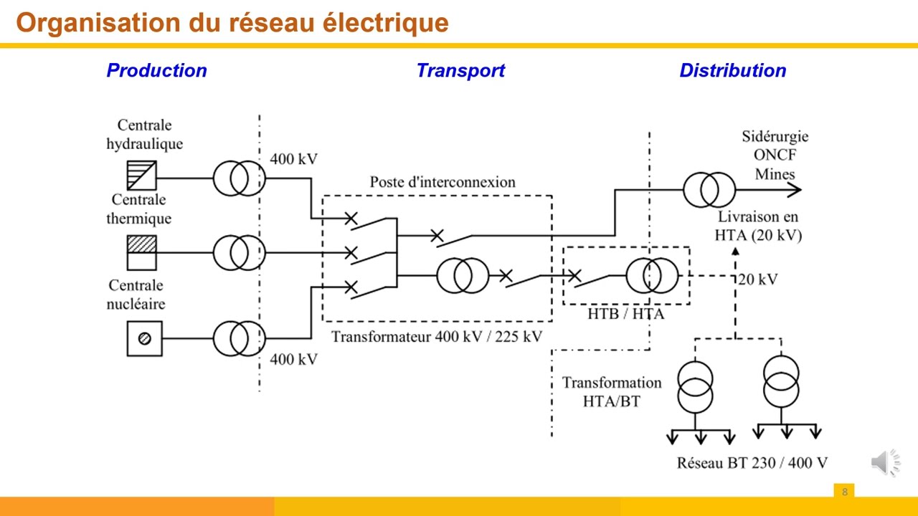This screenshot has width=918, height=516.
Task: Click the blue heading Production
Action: click(x=156, y=70)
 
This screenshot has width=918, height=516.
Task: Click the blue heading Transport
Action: click(x=460, y=70)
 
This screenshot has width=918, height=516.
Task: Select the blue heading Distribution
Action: click(x=732, y=70)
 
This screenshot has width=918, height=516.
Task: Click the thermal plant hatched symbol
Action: click(x=142, y=252)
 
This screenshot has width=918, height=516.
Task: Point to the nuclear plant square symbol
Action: click(x=144, y=339)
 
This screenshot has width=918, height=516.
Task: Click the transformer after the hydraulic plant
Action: click(x=239, y=178)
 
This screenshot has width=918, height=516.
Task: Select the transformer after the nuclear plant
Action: click(x=239, y=339)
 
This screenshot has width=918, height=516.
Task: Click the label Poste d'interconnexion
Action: click(x=443, y=182)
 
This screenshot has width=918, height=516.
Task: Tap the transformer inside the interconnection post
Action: click(x=463, y=276)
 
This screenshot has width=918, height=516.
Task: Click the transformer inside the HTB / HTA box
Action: click(x=652, y=276)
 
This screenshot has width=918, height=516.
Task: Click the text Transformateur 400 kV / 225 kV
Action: click(x=437, y=336)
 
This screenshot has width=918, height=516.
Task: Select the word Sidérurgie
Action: click(x=775, y=136)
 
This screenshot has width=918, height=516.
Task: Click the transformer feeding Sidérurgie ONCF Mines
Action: click(x=709, y=190)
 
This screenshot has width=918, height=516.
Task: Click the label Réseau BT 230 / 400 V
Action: click(x=752, y=463)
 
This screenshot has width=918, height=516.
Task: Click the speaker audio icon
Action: click(x=885, y=463)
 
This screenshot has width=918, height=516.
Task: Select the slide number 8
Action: click(x=844, y=492)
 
